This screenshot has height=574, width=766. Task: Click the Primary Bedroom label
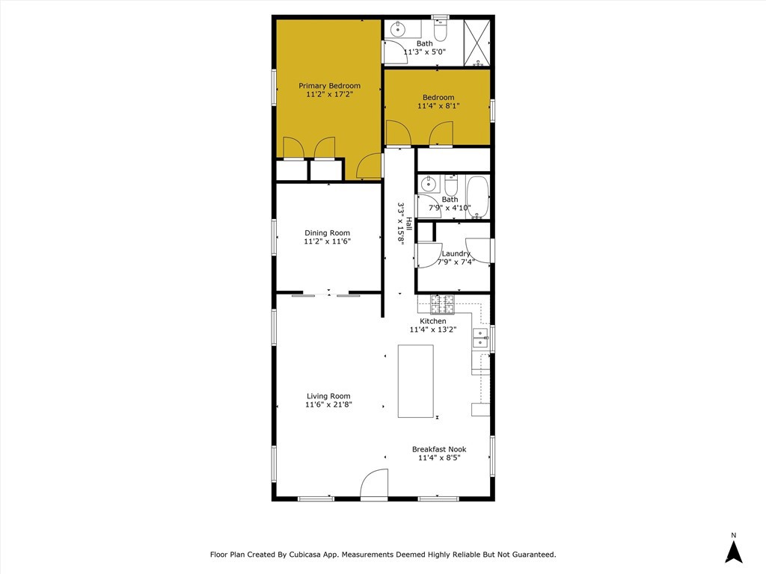pos(330,86)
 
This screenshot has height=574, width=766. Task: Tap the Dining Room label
pos(328,233)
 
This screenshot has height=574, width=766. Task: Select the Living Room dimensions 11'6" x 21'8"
pos(329,404)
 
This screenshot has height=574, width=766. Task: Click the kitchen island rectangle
pos(416,381)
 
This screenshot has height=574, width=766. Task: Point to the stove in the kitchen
pos(442,305)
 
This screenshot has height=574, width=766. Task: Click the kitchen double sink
pos(481,338)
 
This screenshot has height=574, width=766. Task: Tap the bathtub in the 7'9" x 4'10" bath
pos(477,197)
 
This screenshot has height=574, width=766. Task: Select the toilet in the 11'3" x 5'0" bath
pos(440,30)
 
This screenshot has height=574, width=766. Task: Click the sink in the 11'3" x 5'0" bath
pos(399,29)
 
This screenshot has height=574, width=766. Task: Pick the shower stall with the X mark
pos(477,43)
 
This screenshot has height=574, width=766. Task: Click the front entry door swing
pos(374,484)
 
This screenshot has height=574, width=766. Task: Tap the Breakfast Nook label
pos(439,449)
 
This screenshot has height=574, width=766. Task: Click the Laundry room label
pos(456,254)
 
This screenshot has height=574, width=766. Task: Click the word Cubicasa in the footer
pos(305,555)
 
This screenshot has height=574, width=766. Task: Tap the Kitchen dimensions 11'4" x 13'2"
pos(433,330)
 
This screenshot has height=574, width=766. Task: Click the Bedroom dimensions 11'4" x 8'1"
pos(438,105)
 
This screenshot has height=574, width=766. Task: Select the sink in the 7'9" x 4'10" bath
pos(429,184)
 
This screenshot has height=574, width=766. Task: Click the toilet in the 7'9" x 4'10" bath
pos(451,186)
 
